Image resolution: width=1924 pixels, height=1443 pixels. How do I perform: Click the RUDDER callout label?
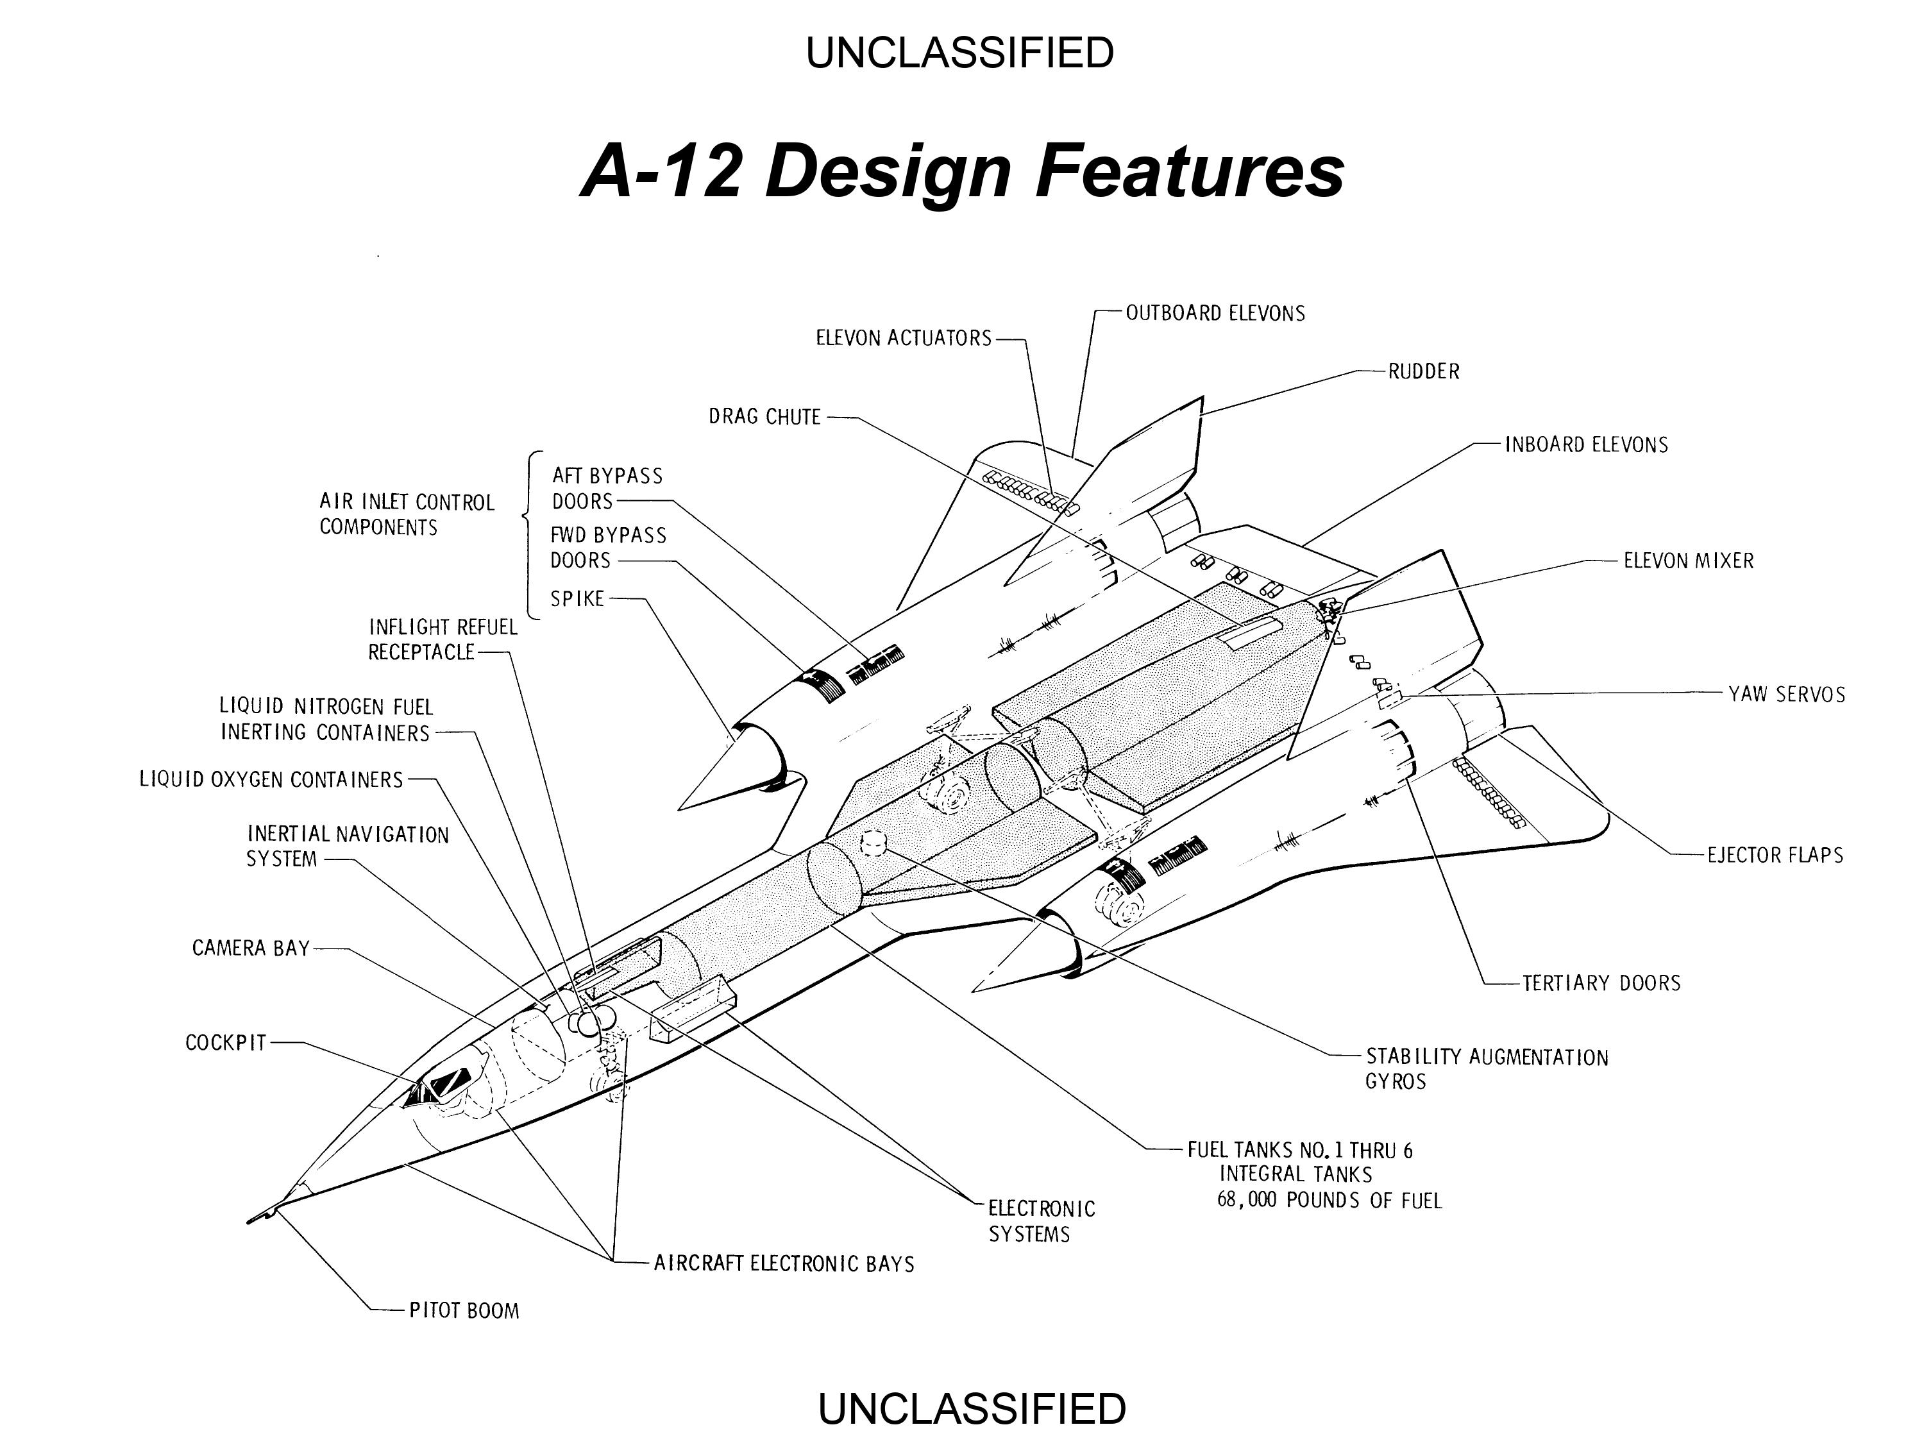pos(1424,371)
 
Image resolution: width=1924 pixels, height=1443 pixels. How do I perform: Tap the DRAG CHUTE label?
pos(764,417)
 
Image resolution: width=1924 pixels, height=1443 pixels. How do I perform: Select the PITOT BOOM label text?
pos(464,1311)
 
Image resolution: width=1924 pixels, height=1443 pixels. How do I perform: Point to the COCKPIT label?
pos(226,1042)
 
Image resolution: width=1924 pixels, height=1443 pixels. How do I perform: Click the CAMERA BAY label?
pos(251,947)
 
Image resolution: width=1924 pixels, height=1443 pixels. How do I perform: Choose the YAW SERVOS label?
pos(1787,694)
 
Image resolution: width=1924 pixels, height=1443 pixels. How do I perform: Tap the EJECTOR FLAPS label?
pos(1775,855)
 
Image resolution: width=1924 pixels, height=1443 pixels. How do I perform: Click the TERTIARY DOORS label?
pos(1601,983)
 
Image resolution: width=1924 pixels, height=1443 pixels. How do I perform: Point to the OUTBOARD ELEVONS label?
pos(1216,313)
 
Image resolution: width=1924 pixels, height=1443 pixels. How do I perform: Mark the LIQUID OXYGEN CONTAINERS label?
pos(271,779)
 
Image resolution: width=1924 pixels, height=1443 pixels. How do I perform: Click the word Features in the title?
pos(1190,171)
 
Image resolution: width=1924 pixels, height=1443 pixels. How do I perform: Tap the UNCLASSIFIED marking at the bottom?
pos(972,1408)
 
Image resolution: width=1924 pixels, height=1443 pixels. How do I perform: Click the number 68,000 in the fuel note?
pos(1246,1201)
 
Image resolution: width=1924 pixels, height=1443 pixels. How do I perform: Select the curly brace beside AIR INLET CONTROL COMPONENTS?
pos(532,536)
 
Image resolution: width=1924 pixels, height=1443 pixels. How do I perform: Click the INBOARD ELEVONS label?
pos(1587,444)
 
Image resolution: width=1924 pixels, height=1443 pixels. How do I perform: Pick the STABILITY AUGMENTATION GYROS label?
pos(1487,1069)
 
